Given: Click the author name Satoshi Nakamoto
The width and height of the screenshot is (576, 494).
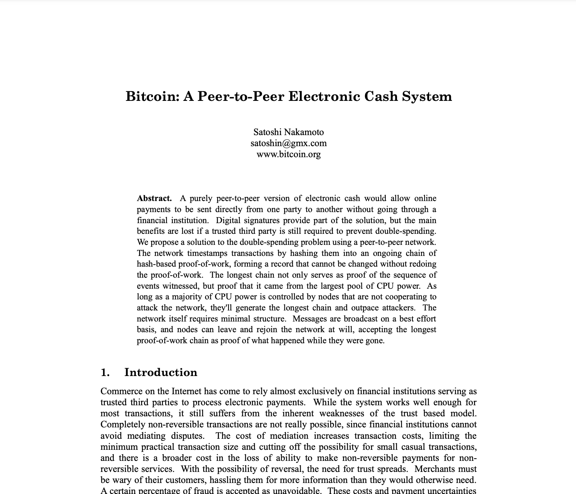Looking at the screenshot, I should coord(288,132).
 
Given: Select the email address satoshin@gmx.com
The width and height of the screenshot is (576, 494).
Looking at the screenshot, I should coord(288,143).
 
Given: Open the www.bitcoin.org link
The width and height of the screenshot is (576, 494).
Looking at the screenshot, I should coord(288,154).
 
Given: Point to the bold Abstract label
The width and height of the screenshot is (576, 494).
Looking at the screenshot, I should coord(154,198).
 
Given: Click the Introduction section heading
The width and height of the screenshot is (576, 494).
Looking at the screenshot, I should coord(160,372).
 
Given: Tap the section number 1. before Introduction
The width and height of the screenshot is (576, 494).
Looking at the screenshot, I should coord(105,372).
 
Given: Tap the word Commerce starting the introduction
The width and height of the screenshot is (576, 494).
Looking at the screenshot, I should coord(120,391).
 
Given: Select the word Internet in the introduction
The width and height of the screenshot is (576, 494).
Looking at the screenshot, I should coord(186,391).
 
